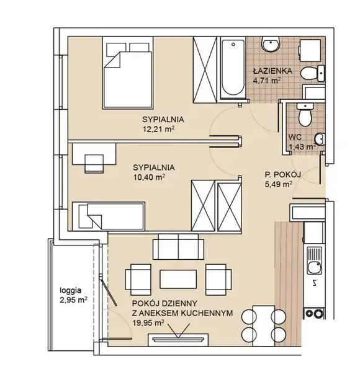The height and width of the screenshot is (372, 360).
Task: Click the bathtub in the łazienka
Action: coord(233,69)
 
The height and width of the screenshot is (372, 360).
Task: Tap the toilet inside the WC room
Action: coord(304,115)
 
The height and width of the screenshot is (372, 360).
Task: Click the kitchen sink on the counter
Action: coord(314,260)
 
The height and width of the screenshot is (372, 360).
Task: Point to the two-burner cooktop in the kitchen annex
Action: coord(314,313)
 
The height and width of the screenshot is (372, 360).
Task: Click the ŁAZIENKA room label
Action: coord(272,71)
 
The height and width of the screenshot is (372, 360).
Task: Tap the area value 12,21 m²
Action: coord(159,129)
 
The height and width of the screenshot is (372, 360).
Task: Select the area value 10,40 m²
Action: coord(149,177)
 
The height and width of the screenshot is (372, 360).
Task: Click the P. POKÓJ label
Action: coord(283,175)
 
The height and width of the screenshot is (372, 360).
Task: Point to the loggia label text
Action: coord(71,290)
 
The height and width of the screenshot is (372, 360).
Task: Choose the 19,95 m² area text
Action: coord(148,323)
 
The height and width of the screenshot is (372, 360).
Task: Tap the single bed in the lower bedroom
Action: coord(109,216)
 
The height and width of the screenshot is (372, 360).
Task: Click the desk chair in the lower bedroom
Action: coord(94,164)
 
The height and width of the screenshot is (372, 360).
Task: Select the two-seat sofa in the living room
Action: coord(178,247)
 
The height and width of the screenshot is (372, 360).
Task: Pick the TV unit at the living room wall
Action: coord(178,340)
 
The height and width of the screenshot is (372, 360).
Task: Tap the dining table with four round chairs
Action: coord(264,324)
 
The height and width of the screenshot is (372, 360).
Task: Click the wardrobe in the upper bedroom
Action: coord(205,70)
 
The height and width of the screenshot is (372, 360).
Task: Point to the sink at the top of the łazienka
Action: coord(271,44)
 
